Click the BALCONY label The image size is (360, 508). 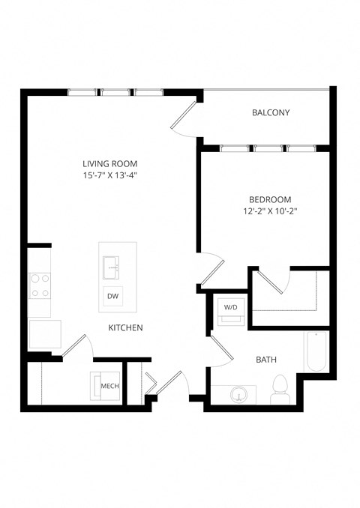pos(271,113)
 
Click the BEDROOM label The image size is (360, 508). pos(270,199)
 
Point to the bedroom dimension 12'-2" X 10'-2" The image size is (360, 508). pos(270,211)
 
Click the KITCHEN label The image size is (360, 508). pos(126,328)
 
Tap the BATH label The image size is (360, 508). pos(266,360)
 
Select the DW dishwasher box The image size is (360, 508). pos(112,297)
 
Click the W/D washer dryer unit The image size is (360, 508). pos(229,311)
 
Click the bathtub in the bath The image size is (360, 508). pos(316,352)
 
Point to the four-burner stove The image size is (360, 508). pos(39,285)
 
